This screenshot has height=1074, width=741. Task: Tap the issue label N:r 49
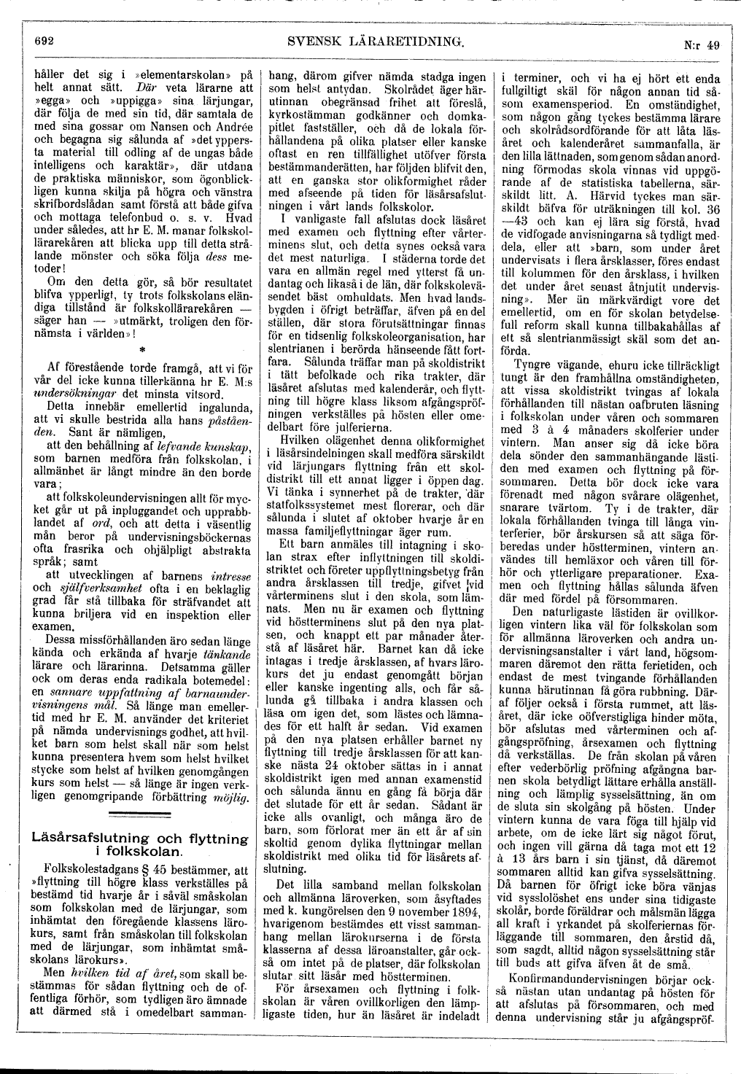[702, 45]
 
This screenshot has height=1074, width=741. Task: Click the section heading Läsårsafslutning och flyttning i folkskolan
[139, 844]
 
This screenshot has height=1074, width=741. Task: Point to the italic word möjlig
[234, 798]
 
